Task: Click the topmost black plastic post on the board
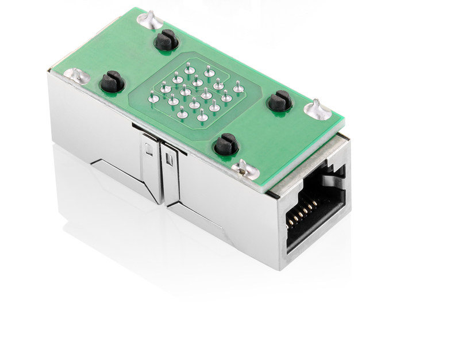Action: (166, 40)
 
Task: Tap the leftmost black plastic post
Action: (112, 82)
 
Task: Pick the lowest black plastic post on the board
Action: (226, 145)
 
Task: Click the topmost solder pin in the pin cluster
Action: (190, 67)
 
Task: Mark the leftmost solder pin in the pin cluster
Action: (153, 98)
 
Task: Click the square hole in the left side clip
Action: (148, 151)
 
